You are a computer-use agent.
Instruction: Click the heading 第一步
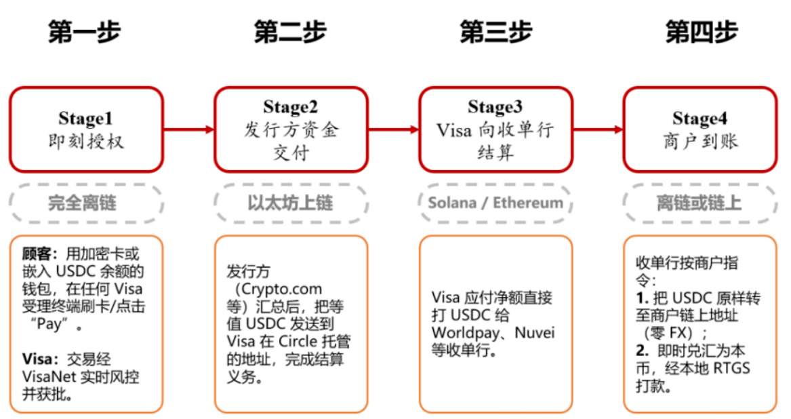coord(84,31)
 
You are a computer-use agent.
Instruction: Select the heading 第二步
coord(290,31)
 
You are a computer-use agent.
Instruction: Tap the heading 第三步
coord(495,31)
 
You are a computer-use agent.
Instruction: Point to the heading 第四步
coord(701,31)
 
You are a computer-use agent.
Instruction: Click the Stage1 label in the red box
coord(85,118)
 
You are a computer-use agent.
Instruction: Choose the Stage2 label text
coord(291,107)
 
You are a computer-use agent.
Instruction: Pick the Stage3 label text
coord(495,107)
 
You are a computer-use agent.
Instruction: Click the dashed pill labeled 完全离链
coord(85,203)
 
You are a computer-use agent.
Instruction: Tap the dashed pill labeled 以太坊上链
coord(291,203)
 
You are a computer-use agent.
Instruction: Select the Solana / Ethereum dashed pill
coord(495,203)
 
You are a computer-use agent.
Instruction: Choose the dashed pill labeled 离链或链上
coord(699,203)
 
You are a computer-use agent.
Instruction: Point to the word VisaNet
coord(46,377)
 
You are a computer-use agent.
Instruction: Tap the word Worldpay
coord(462,333)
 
